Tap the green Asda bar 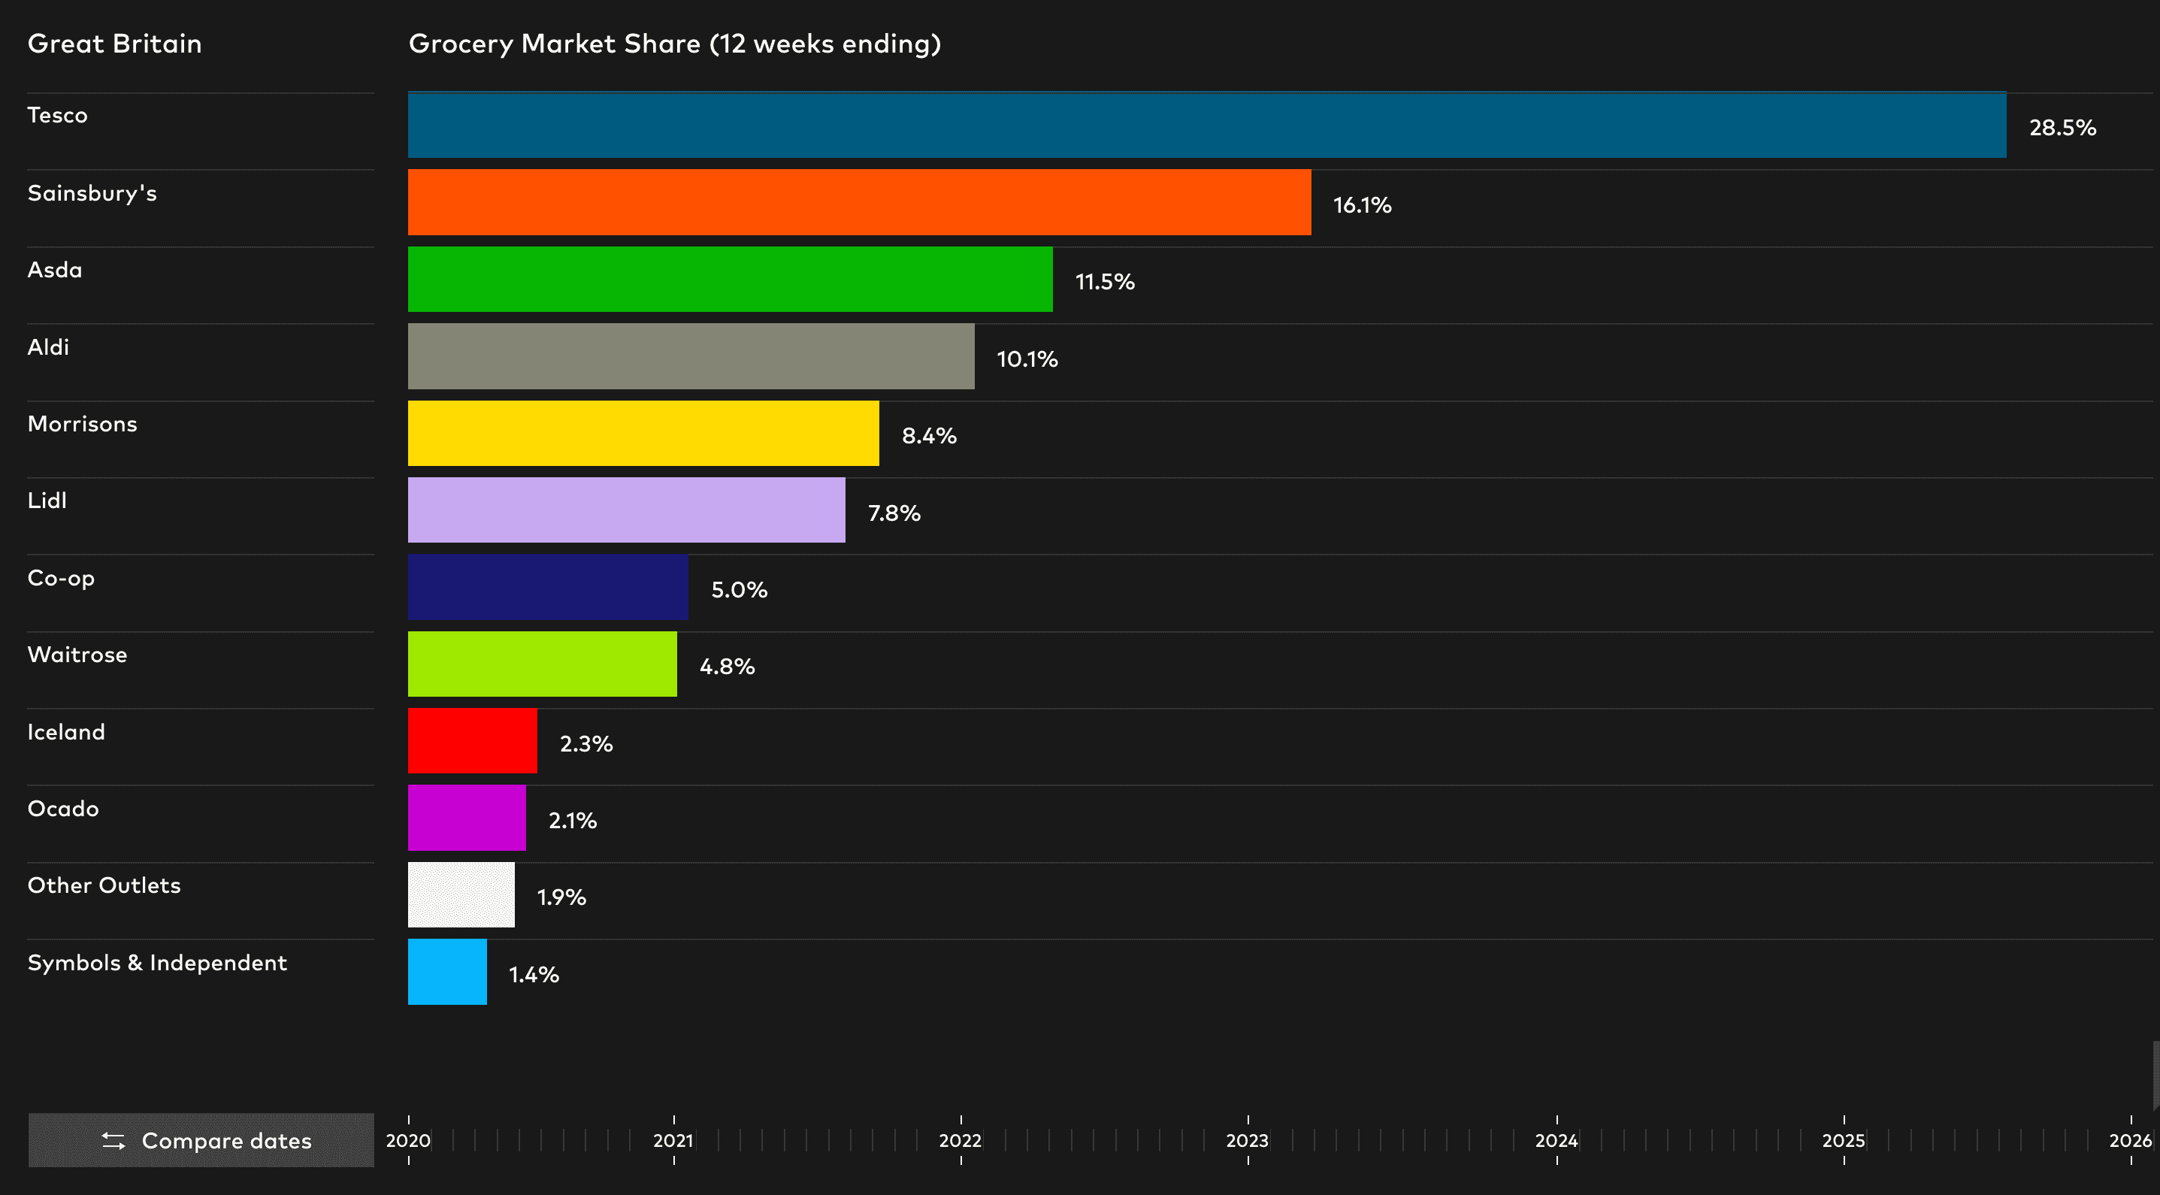click(730, 280)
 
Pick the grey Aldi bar click(691, 356)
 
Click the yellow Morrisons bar click(643, 434)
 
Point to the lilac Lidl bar click(626, 510)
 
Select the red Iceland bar click(472, 740)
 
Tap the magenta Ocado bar click(466, 818)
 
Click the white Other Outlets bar click(461, 895)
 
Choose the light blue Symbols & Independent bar click(447, 972)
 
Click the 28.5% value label click(2062, 128)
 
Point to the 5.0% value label click(739, 589)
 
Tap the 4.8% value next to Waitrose click(727, 667)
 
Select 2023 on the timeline click(1247, 1140)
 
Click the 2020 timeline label click(408, 1140)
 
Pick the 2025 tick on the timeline click(1843, 1140)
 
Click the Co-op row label click(61, 578)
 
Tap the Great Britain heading click(115, 44)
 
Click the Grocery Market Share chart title click(674, 44)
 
